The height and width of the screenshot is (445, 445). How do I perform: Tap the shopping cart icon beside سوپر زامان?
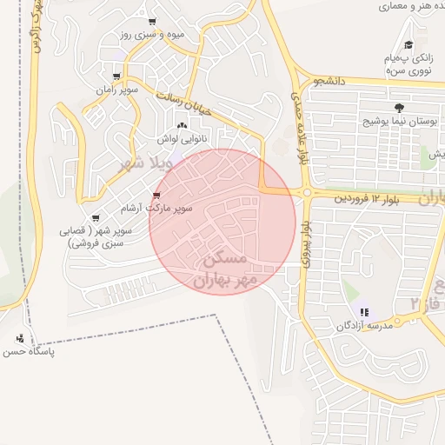coord(116,76)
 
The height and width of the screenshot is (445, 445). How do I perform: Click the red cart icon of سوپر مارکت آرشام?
coord(156,196)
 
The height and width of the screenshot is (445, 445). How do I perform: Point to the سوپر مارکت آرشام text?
coord(181,209)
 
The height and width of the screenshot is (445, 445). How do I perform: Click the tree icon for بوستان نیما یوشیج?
coord(399,108)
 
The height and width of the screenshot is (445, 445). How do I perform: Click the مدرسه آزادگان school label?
coord(366,326)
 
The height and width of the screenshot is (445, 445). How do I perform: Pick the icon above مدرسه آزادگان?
coord(364,311)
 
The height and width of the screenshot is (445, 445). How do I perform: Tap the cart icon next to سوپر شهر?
coord(95,218)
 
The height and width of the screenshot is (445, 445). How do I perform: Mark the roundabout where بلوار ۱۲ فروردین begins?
coord(307,193)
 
